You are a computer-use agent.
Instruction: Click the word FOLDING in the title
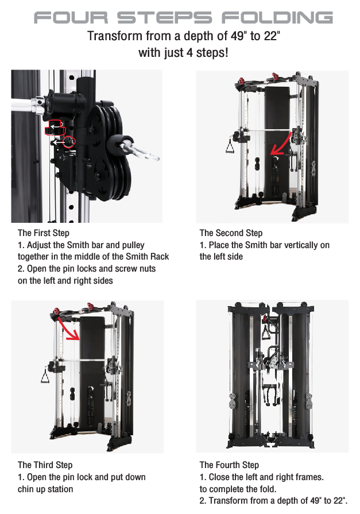click(277, 18)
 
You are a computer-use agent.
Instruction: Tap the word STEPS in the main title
click(165, 18)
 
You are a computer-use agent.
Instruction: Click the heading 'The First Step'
click(44, 233)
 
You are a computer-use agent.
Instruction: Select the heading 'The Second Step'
click(231, 233)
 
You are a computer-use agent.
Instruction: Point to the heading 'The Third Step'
click(45, 465)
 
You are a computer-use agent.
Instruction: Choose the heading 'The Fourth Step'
click(229, 465)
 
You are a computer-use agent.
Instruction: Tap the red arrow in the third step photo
click(68, 329)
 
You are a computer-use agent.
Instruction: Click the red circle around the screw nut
click(69, 142)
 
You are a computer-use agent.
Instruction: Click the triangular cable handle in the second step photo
click(230, 146)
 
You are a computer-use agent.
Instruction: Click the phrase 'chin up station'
click(45, 489)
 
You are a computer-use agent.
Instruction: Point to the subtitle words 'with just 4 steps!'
click(183, 52)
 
